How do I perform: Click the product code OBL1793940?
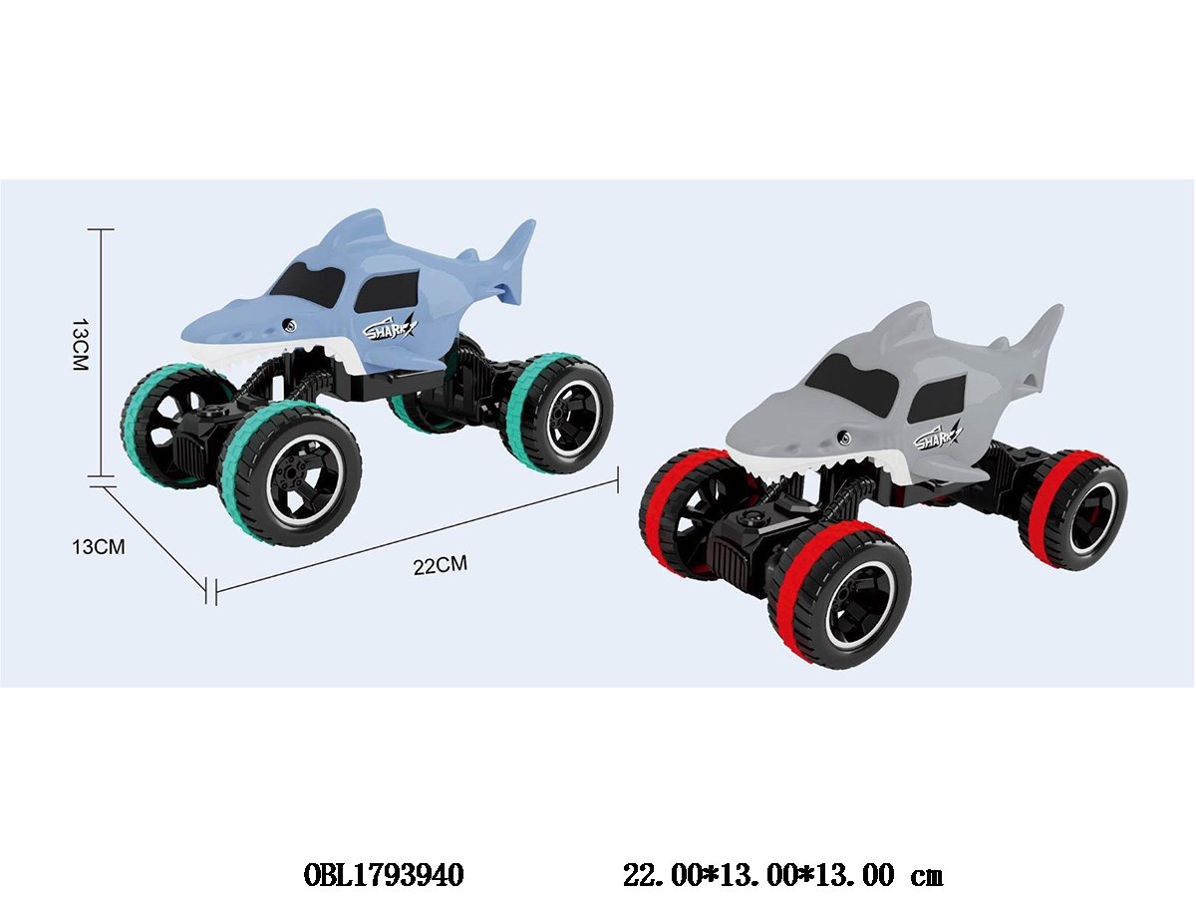click(x=383, y=875)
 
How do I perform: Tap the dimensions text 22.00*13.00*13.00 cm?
click(x=782, y=875)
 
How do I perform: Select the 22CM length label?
click(x=441, y=565)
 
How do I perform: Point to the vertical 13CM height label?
click(x=80, y=344)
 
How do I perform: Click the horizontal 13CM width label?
click(x=99, y=546)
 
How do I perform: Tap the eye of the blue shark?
click(x=289, y=325)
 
